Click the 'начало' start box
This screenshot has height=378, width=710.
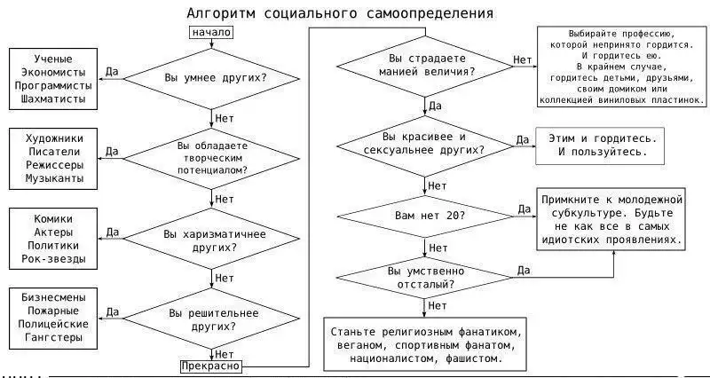click(211, 33)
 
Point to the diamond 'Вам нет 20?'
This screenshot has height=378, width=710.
click(429, 216)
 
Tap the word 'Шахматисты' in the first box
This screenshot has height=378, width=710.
click(53, 99)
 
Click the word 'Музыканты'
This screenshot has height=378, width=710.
click(54, 179)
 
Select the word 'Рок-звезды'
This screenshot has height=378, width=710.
click(54, 259)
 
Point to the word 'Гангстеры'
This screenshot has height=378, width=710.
click(54, 338)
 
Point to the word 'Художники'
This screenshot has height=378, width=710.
click(54, 138)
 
